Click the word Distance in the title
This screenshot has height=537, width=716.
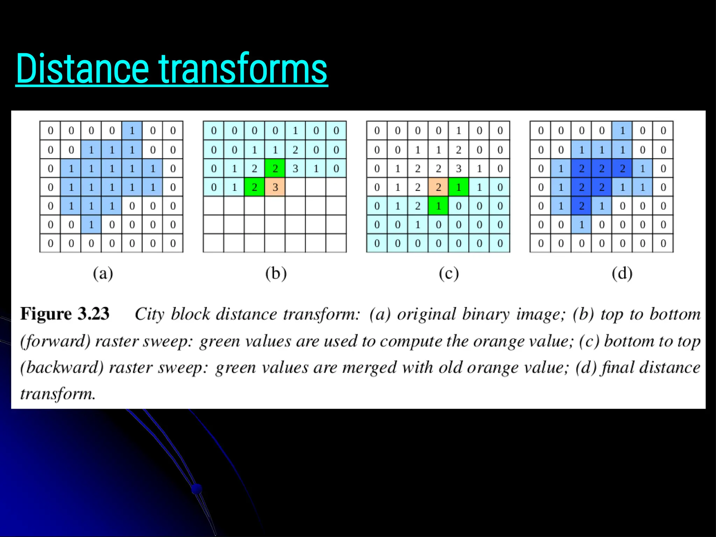coord(83,69)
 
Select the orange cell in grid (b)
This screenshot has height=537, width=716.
coord(275,187)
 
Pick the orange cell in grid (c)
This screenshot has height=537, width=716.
coord(438,187)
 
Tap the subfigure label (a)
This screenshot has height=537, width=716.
coord(103,273)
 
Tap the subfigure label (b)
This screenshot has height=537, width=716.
coord(276,273)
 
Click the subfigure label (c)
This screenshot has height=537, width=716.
coord(449,273)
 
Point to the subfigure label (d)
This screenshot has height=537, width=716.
coord(622,273)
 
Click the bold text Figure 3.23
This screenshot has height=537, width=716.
coord(65,314)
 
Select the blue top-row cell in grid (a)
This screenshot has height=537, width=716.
coord(132,131)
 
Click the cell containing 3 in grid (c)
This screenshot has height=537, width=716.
coord(459,169)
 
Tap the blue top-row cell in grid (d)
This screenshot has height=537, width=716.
coord(622,131)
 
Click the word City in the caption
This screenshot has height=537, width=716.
coord(149,314)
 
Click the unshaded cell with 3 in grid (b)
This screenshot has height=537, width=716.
coord(295,169)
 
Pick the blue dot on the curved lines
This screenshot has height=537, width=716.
coord(197,488)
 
